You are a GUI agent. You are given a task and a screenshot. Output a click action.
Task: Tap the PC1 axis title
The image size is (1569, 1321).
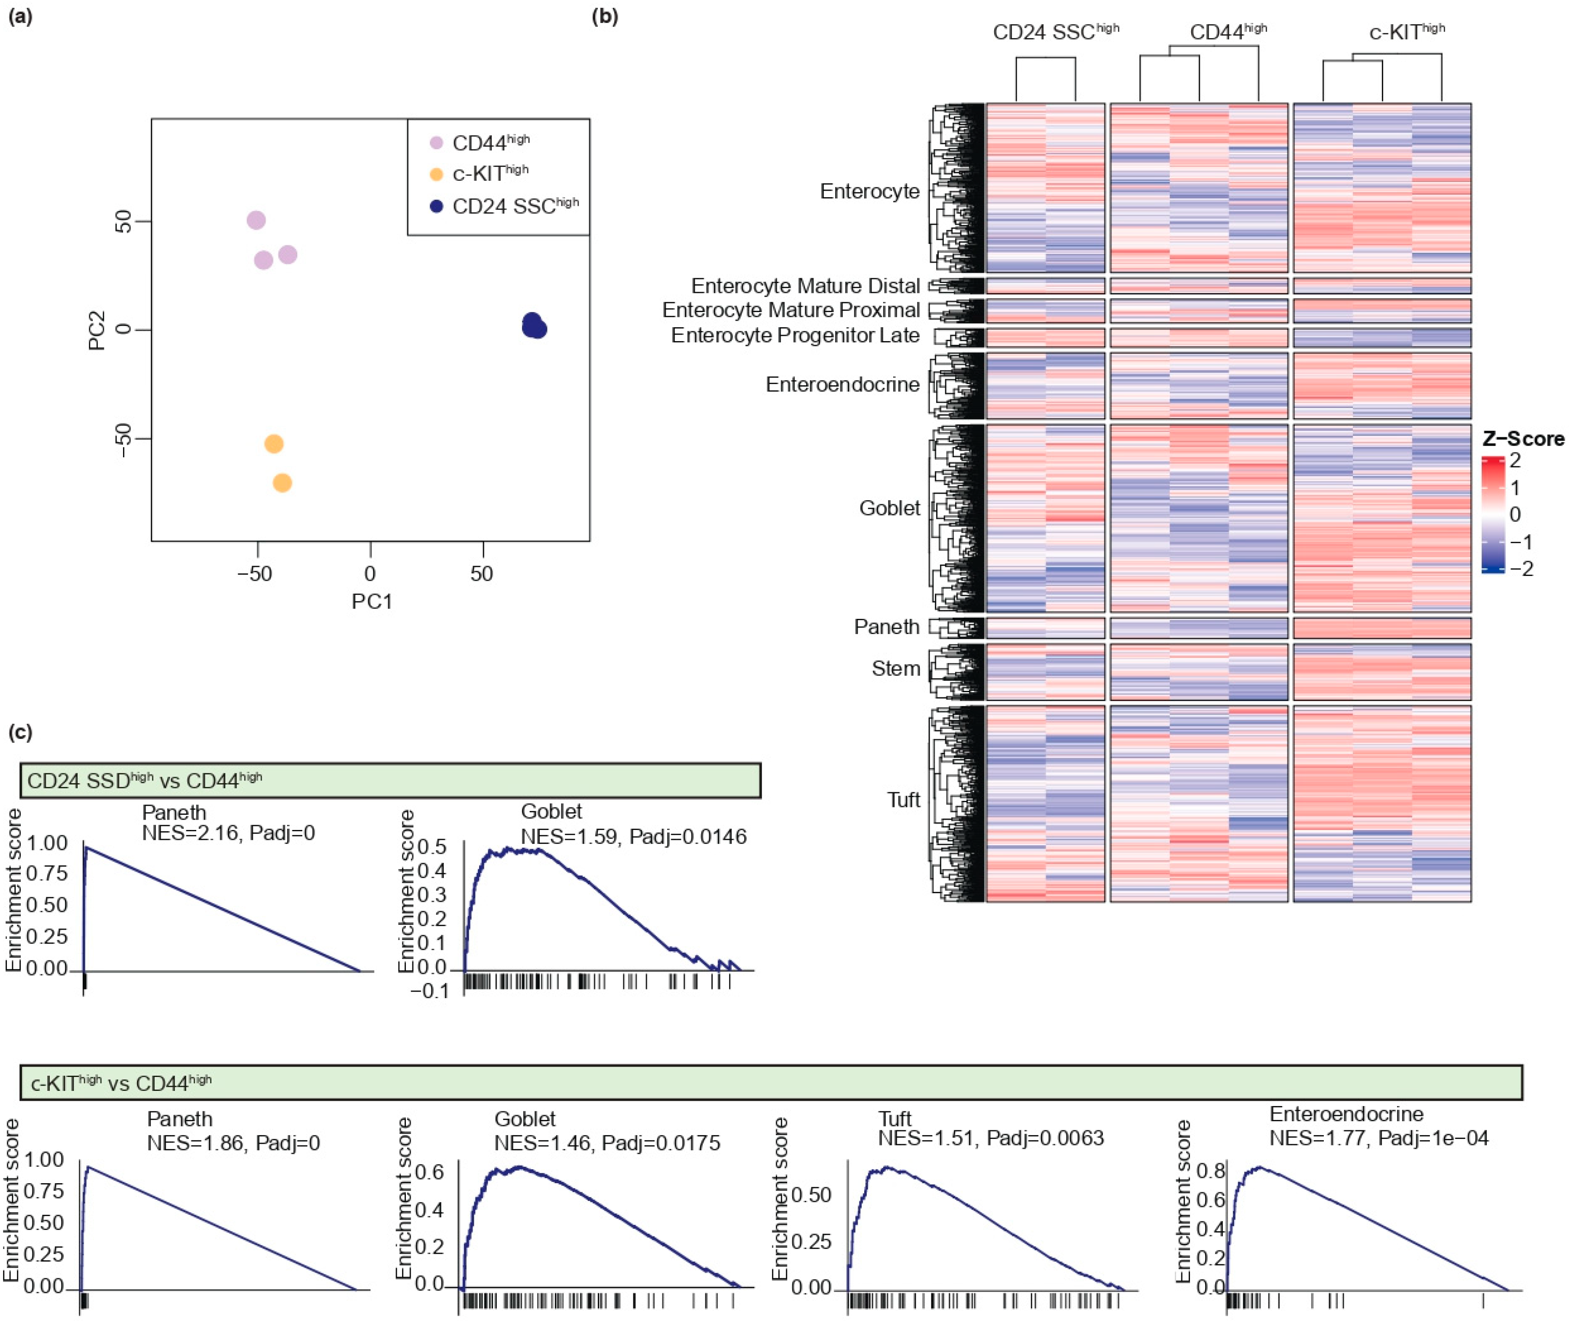tap(372, 601)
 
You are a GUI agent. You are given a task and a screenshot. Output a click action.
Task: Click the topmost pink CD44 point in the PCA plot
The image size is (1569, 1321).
tap(256, 220)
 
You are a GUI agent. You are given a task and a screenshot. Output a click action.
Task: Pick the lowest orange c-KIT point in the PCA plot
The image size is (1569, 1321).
tap(282, 483)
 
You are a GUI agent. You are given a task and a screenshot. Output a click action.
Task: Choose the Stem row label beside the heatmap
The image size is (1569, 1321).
tap(895, 669)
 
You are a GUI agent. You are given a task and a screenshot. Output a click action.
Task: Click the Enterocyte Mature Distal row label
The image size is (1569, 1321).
tap(805, 286)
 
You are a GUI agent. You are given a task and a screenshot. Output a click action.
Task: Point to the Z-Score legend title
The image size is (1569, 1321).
tap(1523, 439)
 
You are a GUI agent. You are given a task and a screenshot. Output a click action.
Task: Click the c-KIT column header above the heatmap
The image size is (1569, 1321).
tap(1407, 32)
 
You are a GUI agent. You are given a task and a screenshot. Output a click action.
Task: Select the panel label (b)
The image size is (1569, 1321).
tap(605, 16)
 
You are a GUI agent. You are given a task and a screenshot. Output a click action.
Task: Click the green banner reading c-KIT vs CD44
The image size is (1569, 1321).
tap(771, 1082)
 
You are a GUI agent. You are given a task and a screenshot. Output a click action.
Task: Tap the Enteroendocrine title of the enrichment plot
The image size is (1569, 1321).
tap(1345, 1113)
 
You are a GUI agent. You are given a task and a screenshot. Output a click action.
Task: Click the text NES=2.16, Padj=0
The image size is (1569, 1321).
tap(228, 832)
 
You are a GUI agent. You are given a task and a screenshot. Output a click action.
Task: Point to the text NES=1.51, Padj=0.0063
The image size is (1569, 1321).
tap(990, 1138)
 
